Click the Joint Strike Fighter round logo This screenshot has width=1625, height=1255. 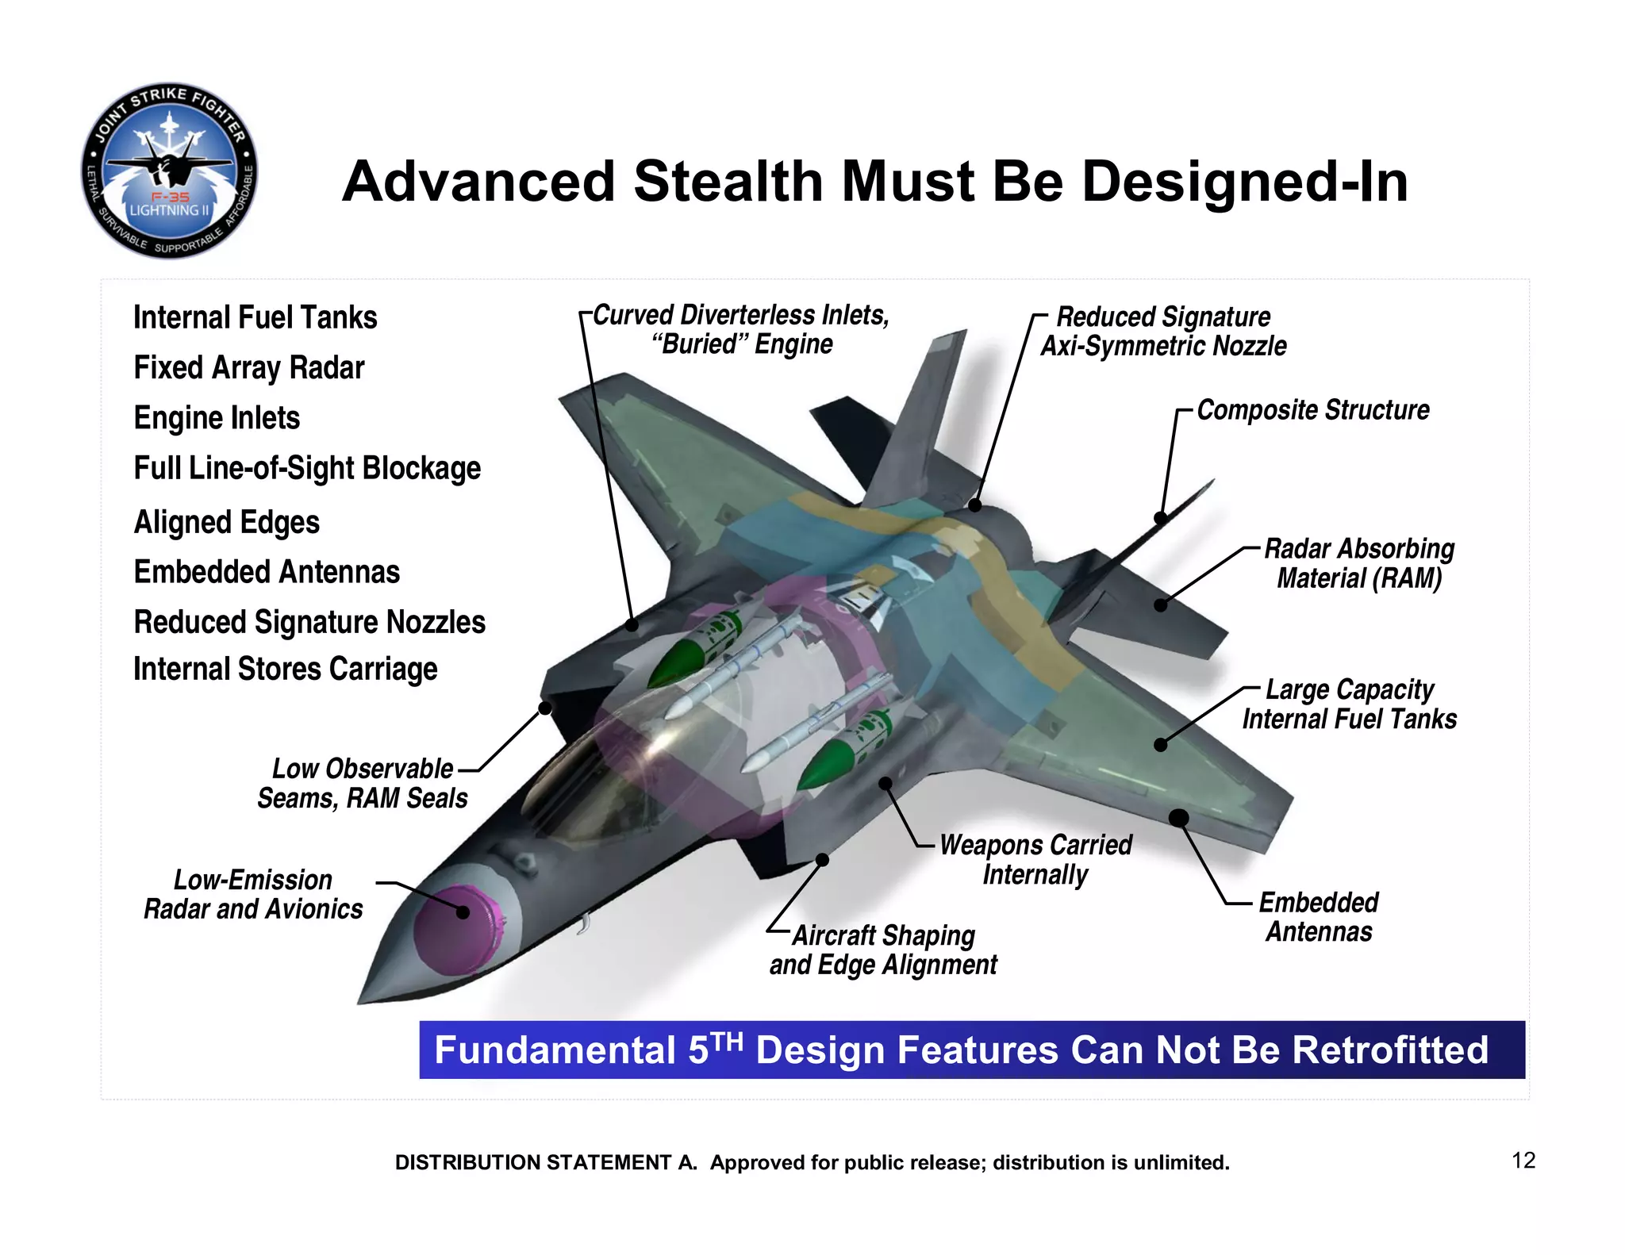tap(169, 171)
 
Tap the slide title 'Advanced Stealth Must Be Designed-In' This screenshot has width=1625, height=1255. tap(874, 182)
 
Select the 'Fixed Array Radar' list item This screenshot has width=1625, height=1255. tap(248, 368)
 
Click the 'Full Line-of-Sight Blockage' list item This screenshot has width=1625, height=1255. tap(307, 469)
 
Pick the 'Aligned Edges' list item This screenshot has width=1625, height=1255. tap(226, 523)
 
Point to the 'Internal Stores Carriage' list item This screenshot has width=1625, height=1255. tap(285, 670)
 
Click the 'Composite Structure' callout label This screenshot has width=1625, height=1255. tap(1312, 410)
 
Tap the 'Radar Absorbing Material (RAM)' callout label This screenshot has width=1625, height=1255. tap(1358, 563)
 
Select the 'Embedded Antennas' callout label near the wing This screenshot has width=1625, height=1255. tap(1319, 917)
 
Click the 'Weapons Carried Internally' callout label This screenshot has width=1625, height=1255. tap(1035, 860)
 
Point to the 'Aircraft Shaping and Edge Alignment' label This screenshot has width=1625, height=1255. tap(883, 950)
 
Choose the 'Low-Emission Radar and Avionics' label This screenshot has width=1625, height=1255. tap(253, 895)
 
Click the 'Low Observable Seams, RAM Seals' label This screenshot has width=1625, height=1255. tap(363, 784)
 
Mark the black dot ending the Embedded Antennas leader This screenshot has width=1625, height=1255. tap(1179, 818)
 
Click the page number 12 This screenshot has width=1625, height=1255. tap(1523, 1161)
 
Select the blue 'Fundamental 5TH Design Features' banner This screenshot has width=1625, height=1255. tap(971, 1050)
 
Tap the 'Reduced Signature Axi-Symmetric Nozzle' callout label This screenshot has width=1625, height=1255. tap(1163, 332)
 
